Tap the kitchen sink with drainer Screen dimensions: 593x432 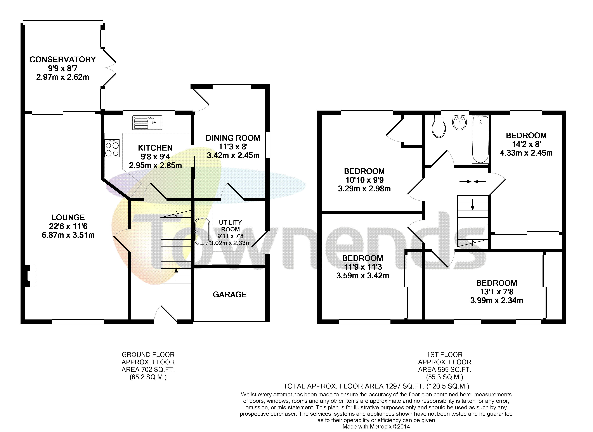147,123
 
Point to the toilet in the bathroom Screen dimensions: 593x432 439,127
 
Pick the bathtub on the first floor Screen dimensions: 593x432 480,139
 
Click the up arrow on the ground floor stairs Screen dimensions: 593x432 176,274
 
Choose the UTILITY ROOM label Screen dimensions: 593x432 230,226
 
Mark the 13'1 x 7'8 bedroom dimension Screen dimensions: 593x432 496,292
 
